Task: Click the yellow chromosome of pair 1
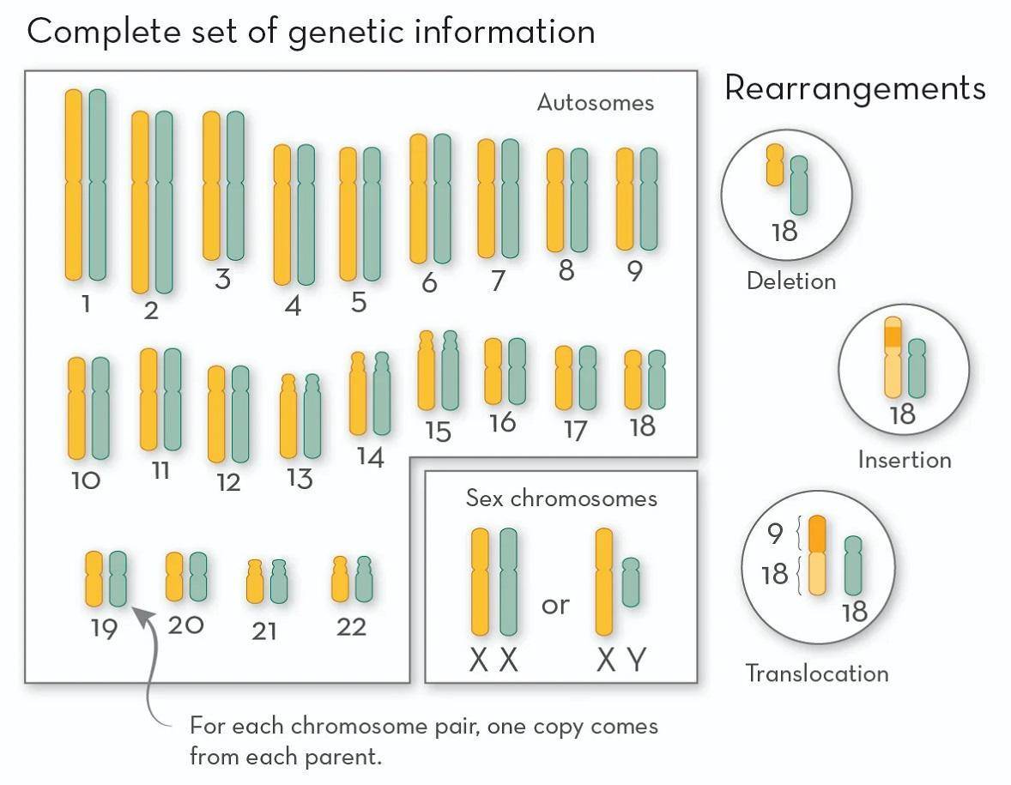click(x=74, y=184)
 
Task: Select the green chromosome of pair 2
click(x=164, y=202)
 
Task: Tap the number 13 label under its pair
click(x=300, y=478)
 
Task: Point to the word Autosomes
click(x=595, y=103)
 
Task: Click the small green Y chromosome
click(x=631, y=583)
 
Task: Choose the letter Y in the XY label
click(x=635, y=660)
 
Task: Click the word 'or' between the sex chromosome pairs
click(x=555, y=605)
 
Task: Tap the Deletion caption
click(x=790, y=281)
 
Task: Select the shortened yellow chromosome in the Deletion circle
click(x=775, y=165)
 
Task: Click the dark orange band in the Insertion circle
click(x=893, y=336)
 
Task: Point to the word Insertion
click(x=905, y=459)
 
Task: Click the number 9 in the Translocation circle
click(x=775, y=534)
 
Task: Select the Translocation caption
click(x=816, y=673)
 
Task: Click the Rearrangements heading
click(x=855, y=88)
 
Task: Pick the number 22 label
click(x=352, y=627)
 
